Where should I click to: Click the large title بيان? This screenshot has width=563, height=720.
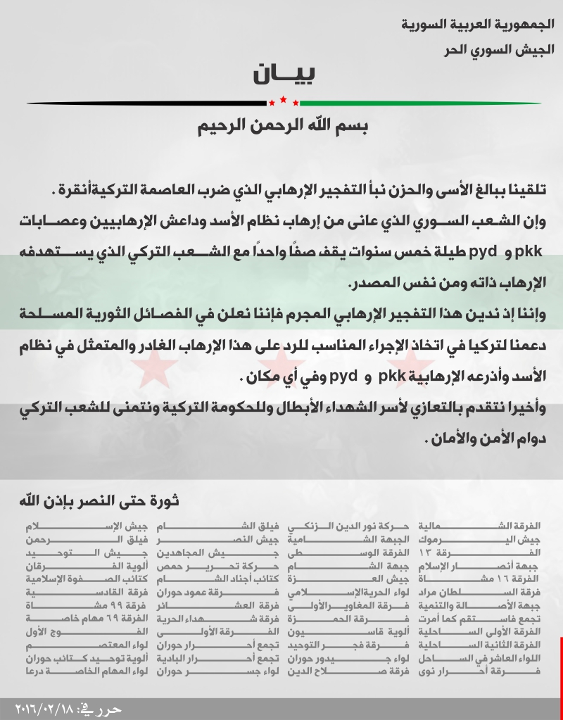pos(281,75)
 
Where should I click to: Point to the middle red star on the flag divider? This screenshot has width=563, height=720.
pos(283,100)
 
